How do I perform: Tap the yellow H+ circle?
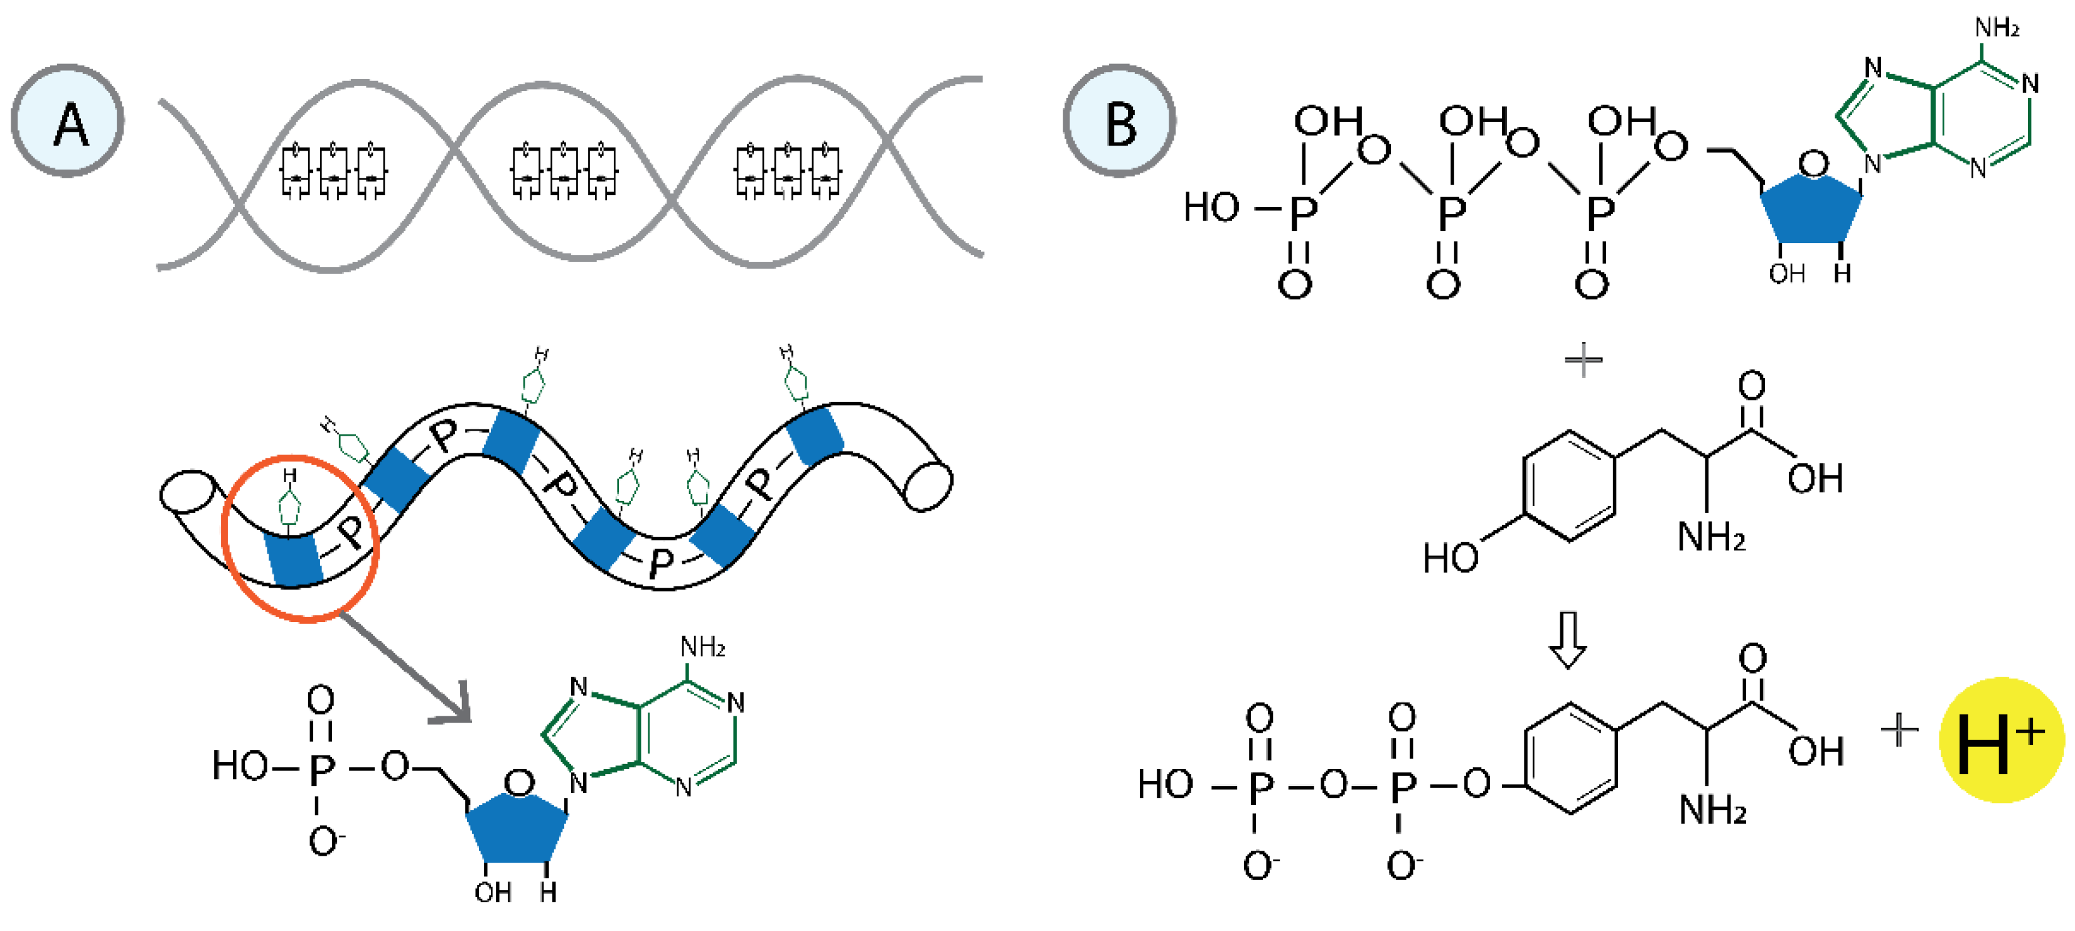(2000, 740)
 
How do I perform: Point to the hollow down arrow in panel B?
(1567, 640)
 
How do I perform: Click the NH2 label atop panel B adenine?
(1996, 29)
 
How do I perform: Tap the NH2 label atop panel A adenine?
(702, 647)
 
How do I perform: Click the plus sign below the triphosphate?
(1583, 359)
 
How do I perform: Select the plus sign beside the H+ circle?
(1899, 731)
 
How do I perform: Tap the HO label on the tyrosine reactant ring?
(1450, 558)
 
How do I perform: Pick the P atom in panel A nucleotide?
(321, 769)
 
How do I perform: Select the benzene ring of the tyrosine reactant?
(1569, 487)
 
